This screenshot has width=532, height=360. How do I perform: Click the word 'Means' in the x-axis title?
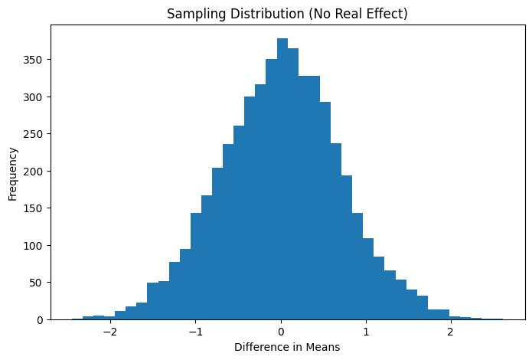coord(322,347)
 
